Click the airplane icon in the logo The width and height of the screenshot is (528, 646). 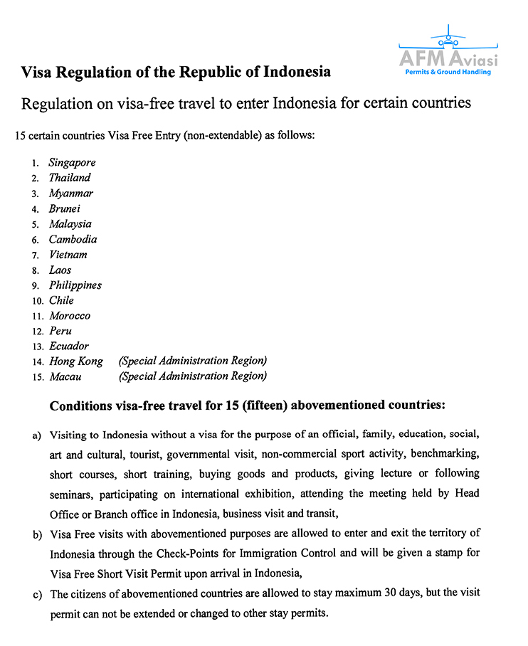pyautogui.click(x=448, y=36)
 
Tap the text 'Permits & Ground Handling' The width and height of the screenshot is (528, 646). pyautogui.click(x=448, y=72)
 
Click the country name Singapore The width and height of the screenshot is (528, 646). pyautogui.click(x=72, y=162)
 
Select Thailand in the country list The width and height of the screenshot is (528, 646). pyautogui.click(x=70, y=178)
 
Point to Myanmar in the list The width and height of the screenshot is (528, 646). pyautogui.click(x=70, y=194)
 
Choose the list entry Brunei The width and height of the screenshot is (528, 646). pyautogui.click(x=65, y=208)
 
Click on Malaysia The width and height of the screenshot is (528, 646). pyautogui.click(x=70, y=224)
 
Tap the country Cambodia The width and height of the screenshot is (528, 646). pyautogui.click(x=73, y=240)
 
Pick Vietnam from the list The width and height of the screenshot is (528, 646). pyautogui.click(x=68, y=255)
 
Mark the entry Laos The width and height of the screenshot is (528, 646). pyautogui.click(x=60, y=270)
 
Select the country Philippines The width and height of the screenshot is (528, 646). pyautogui.click(x=75, y=285)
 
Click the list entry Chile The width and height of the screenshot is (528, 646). pyautogui.click(x=61, y=300)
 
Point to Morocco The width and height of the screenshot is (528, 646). pyautogui.click(x=70, y=316)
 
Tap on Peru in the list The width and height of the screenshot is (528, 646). pyautogui.click(x=60, y=331)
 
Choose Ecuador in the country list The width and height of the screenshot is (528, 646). pyautogui.click(x=69, y=346)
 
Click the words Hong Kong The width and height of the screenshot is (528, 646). pyautogui.click(x=76, y=361)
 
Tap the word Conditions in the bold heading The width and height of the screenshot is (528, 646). pyautogui.click(x=84, y=406)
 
